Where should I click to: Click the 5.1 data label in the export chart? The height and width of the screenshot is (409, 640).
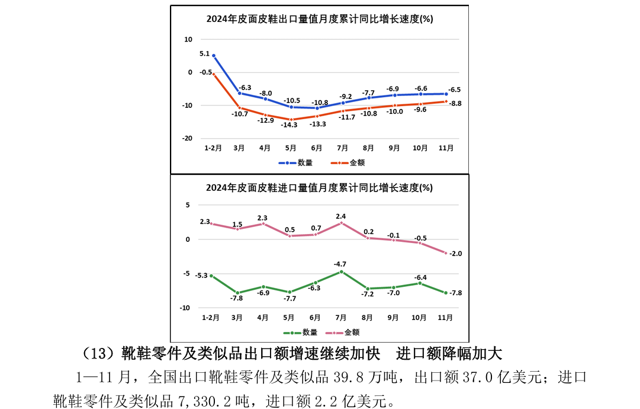pyautogui.click(x=204, y=53)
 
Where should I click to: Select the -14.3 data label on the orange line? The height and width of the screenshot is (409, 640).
pyautogui.click(x=290, y=125)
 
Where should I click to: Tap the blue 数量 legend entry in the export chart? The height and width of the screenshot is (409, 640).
pyautogui.click(x=296, y=162)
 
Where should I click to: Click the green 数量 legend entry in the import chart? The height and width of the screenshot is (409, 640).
pyautogui.click(x=301, y=333)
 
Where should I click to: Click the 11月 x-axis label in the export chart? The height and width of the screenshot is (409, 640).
pyautogui.click(x=445, y=148)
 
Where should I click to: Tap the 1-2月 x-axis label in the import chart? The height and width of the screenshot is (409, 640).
pyautogui.click(x=211, y=318)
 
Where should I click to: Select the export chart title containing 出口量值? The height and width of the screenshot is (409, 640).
pyautogui.click(x=319, y=18)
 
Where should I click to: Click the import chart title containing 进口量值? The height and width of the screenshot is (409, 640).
pyautogui.click(x=319, y=188)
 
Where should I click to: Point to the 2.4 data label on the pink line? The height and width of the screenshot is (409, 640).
pyautogui.click(x=340, y=216)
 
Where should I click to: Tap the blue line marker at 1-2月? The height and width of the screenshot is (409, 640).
pyautogui.click(x=214, y=56)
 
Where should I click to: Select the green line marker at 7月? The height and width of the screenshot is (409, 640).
pyautogui.click(x=341, y=271)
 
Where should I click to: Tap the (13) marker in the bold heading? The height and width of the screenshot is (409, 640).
pyautogui.click(x=98, y=354)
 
